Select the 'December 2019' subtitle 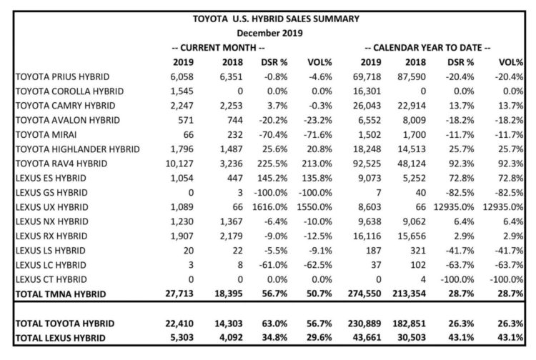(x=271, y=33)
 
